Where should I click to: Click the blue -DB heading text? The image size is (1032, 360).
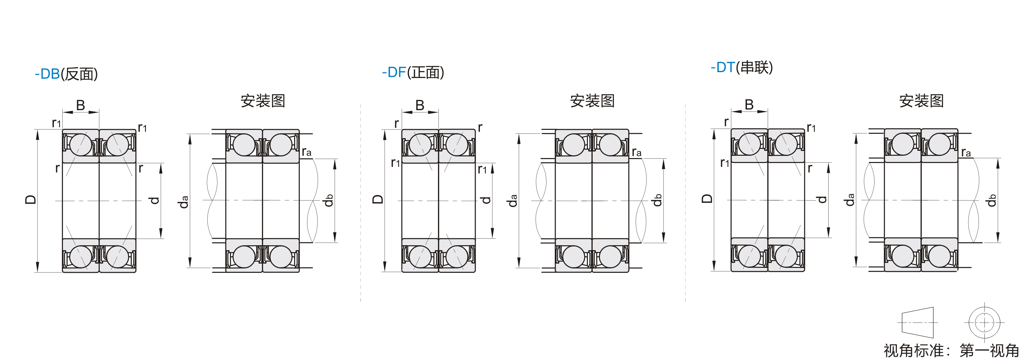[47, 74]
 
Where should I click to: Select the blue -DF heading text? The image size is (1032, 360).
[394, 72]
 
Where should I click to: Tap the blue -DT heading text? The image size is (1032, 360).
[723, 67]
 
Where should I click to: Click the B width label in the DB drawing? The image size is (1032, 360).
[80, 105]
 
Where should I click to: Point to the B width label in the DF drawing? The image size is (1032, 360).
[420, 105]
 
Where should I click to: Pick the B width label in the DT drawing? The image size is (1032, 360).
[749, 105]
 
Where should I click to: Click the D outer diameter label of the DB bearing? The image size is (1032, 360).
[31, 199]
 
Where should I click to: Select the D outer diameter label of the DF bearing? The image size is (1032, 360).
[378, 199]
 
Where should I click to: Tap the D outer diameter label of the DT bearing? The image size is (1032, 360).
[707, 199]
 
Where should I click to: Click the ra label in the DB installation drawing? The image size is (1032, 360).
[306, 152]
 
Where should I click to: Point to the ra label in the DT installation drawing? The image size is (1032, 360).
[966, 152]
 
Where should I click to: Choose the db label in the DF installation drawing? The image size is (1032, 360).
[657, 200]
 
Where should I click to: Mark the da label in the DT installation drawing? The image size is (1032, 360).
[849, 199]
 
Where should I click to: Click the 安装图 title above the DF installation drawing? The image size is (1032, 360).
[592, 101]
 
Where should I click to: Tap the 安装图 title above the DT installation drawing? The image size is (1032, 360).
[921, 101]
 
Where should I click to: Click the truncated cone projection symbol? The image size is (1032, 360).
[918, 322]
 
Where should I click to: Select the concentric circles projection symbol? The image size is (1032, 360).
[984, 322]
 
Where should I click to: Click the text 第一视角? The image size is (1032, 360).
[989, 351]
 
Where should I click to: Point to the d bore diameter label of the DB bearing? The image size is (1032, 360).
[154, 200]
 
